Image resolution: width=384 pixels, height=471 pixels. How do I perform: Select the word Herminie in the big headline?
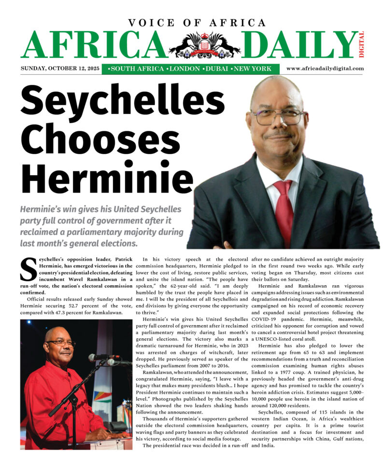[x=92, y=178]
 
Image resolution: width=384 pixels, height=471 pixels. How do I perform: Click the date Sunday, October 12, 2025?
[x=60, y=69]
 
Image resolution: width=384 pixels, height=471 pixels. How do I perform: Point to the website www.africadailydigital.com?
[x=325, y=69]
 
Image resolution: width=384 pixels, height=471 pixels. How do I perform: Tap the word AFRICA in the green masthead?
[x=91, y=46]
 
